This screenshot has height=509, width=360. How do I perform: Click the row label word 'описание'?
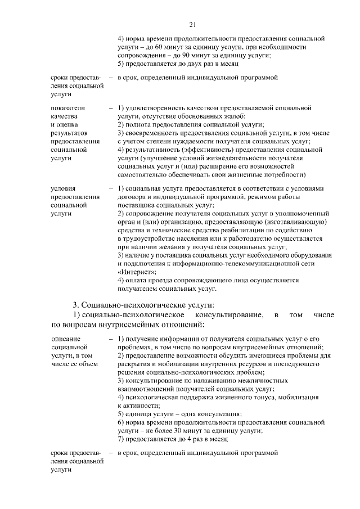(65, 339)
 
